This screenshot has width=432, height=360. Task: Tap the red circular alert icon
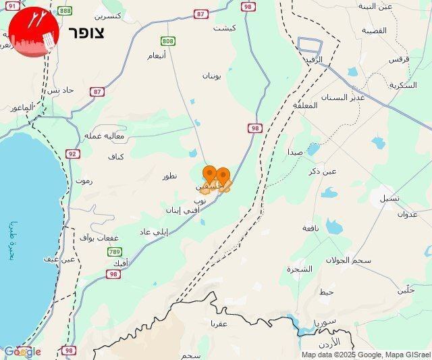(34, 33)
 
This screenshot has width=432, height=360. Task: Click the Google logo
(22, 351)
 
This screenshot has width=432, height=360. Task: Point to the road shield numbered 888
(65, 11)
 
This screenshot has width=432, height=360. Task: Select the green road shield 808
(168, 41)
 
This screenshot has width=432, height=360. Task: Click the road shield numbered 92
(72, 153)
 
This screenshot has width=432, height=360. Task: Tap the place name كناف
(116, 157)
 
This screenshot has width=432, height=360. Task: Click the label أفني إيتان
(182, 210)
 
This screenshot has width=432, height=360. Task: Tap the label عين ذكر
(321, 172)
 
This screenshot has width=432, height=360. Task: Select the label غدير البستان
(348, 97)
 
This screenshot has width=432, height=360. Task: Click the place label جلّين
(405, 290)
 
